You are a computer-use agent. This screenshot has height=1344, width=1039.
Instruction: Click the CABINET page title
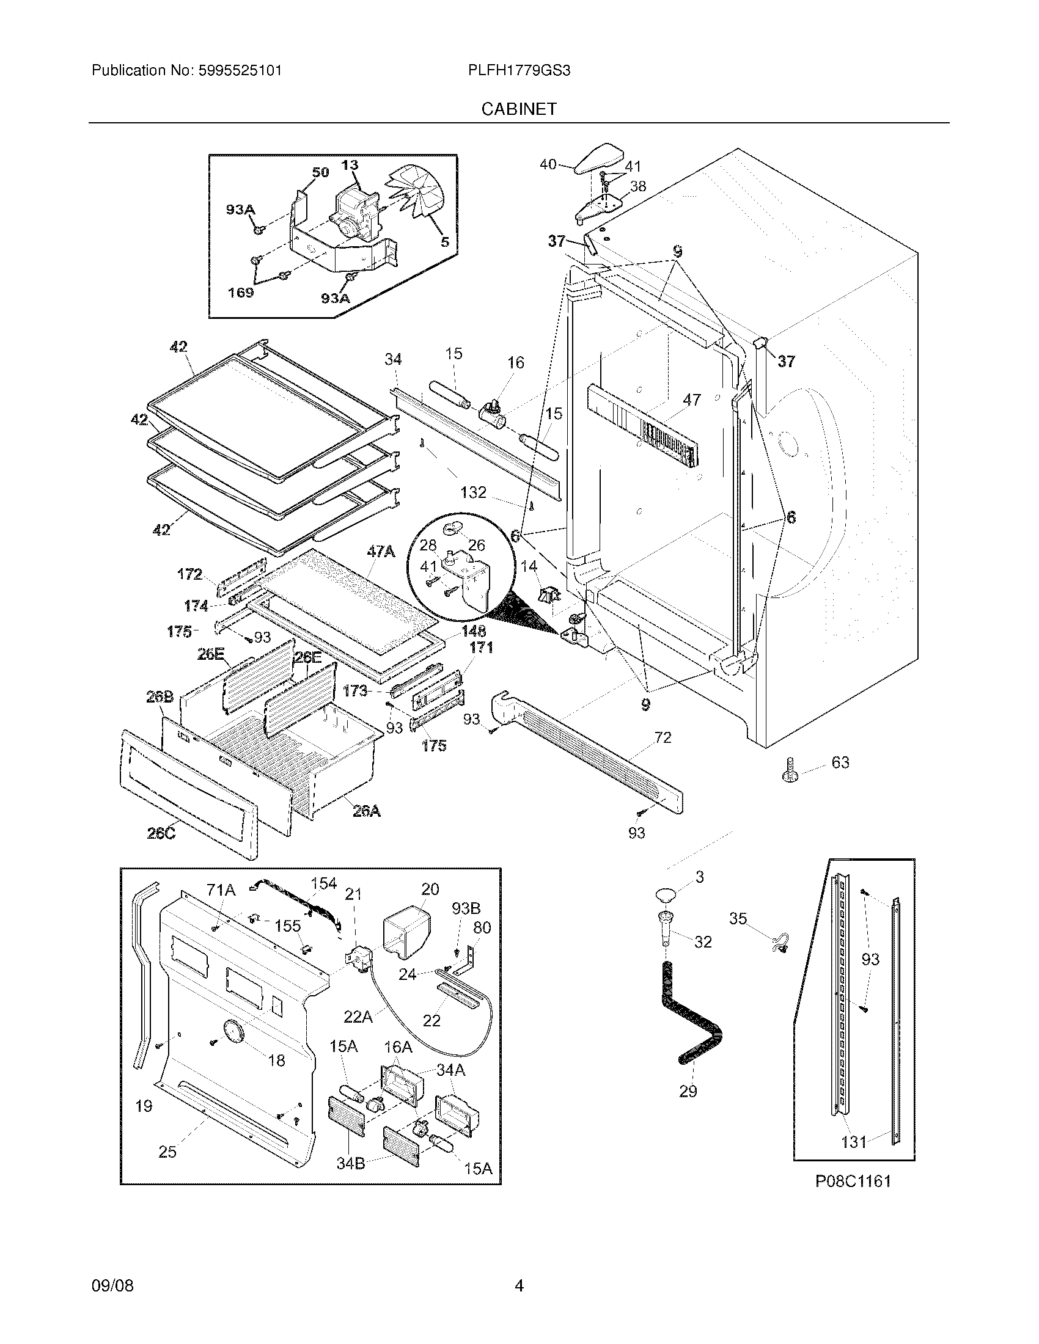tap(519, 109)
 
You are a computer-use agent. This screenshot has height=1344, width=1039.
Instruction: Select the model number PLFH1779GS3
tap(519, 71)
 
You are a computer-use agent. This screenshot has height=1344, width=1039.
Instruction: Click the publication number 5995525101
tap(240, 71)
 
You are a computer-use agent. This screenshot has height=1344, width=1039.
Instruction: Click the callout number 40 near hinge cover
tap(548, 164)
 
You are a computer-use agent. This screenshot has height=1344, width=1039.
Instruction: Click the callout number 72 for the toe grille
tap(663, 737)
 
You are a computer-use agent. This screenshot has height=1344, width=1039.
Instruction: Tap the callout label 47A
tap(381, 552)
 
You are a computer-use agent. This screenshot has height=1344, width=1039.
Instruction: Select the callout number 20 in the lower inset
tap(430, 889)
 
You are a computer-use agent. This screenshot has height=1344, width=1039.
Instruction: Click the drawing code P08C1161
tap(853, 1181)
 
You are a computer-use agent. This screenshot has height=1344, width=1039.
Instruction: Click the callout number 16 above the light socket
tap(516, 362)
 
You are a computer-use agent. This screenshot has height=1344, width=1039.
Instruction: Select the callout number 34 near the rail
tap(394, 358)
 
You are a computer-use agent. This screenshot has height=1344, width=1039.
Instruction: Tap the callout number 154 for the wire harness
tap(323, 884)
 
